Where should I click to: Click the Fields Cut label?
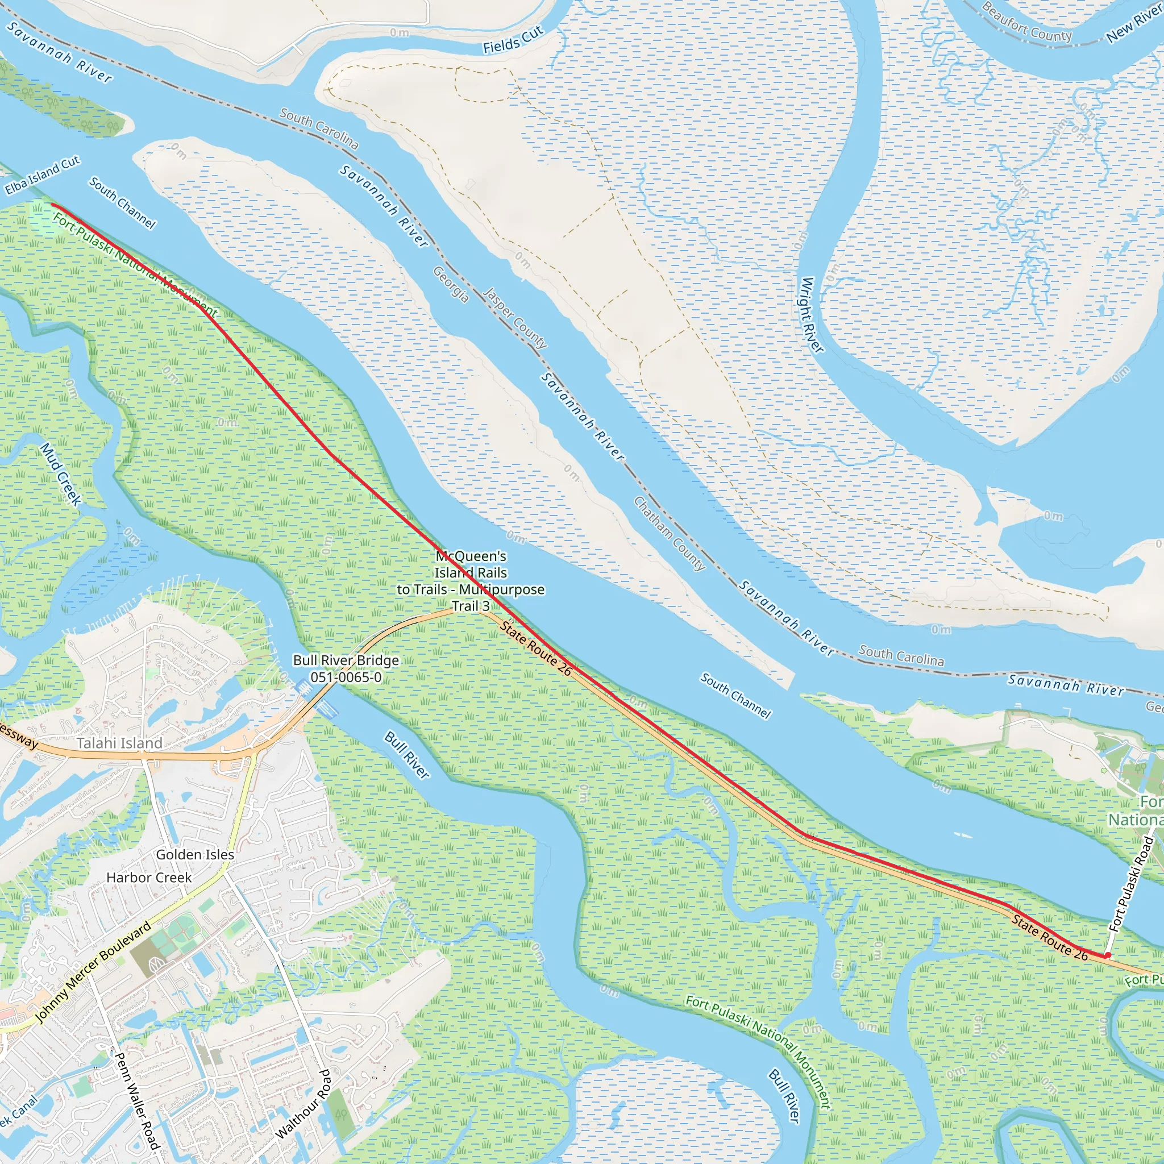pyautogui.click(x=513, y=39)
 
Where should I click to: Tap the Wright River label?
pyautogui.click(x=812, y=314)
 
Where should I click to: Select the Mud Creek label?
pyautogui.click(x=61, y=473)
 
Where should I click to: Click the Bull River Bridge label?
pyautogui.click(x=346, y=668)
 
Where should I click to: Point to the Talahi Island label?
pyautogui.click(x=119, y=743)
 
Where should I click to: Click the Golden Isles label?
pyautogui.click(x=194, y=854)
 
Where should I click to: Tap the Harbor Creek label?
pyautogui.click(x=149, y=877)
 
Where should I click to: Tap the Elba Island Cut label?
pyautogui.click(x=42, y=175)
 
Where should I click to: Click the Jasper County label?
pyautogui.click(x=515, y=318)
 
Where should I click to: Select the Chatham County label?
pyautogui.click(x=669, y=533)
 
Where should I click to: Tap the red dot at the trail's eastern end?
pyautogui.click(x=1107, y=955)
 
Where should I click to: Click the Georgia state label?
pyautogui.click(x=451, y=284)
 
